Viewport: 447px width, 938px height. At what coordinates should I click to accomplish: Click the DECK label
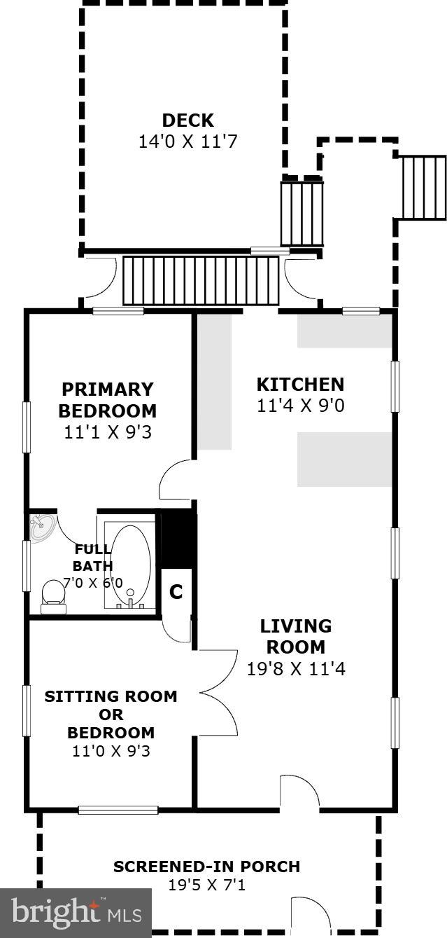(187, 120)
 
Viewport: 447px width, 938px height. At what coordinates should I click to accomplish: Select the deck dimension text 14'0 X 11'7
(187, 142)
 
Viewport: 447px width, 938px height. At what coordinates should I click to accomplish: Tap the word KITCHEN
(300, 384)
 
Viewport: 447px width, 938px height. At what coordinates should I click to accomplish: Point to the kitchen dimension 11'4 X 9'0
(300, 406)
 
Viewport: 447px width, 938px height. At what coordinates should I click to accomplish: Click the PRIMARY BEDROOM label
(107, 400)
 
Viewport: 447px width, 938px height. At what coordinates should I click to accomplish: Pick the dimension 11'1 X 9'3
(107, 432)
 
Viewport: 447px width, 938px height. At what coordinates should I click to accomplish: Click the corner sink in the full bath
(41, 527)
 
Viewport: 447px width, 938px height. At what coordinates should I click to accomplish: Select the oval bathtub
(131, 564)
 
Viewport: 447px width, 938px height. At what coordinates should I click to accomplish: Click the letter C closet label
(176, 593)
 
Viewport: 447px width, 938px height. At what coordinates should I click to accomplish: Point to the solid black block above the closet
(177, 539)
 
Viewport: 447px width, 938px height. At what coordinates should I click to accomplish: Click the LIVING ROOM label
(296, 636)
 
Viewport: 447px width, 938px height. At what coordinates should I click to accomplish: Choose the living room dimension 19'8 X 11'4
(296, 669)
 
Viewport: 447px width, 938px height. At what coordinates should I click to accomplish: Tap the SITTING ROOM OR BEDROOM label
(111, 715)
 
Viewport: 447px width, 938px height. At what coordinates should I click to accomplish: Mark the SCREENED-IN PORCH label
(206, 867)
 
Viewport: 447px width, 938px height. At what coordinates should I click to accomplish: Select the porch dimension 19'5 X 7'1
(206, 885)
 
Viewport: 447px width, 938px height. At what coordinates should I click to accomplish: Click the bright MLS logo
(76, 912)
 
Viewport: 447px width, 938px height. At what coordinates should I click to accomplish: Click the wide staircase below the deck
(201, 280)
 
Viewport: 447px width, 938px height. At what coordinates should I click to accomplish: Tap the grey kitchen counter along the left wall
(214, 382)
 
